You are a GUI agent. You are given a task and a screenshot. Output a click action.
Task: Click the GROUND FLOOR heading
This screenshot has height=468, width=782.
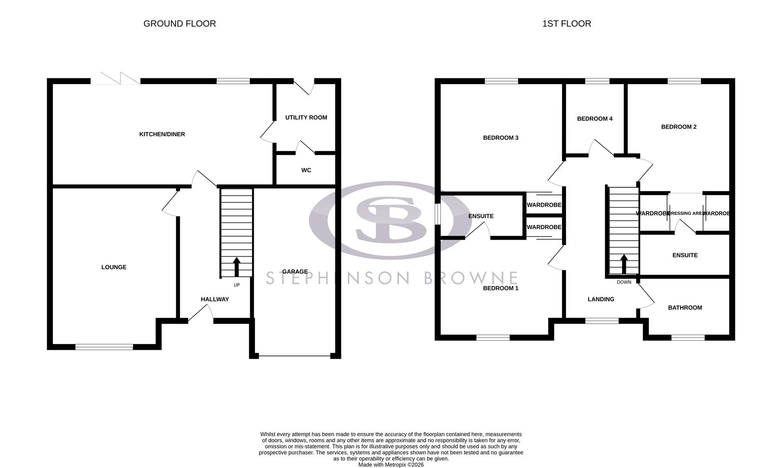[x=180, y=24]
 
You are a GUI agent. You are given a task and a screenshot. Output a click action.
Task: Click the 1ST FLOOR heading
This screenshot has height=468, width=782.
[x=566, y=24]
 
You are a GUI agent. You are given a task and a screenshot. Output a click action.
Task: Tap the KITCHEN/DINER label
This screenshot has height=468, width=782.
[x=162, y=134]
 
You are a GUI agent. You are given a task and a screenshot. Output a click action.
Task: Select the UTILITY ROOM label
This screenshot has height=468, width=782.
[x=306, y=117]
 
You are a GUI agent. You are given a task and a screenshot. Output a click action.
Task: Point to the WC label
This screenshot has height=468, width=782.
[x=306, y=170]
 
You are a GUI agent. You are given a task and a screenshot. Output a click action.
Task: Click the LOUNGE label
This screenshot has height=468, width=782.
[x=114, y=267]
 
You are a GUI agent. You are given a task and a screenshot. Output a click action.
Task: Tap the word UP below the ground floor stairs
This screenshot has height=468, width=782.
[x=236, y=285]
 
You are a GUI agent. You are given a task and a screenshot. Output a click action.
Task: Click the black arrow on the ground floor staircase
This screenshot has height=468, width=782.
[x=236, y=266]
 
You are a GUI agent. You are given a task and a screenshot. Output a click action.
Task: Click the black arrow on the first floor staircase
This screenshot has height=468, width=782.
[x=624, y=264]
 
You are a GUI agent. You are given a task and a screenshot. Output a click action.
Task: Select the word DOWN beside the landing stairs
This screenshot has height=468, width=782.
[x=624, y=282]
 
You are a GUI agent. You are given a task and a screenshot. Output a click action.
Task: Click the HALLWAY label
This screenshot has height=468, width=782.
[x=215, y=299]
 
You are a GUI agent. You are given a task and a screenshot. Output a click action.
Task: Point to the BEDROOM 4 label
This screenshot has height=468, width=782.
[x=595, y=119]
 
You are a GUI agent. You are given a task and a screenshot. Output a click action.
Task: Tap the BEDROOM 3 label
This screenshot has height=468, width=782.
[x=501, y=138]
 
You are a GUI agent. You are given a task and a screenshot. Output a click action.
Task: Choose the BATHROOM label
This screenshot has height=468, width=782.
[x=684, y=308]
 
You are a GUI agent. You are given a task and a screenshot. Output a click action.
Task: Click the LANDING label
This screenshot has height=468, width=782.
[x=601, y=299]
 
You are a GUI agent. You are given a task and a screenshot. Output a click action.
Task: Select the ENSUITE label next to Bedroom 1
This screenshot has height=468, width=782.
[x=481, y=216]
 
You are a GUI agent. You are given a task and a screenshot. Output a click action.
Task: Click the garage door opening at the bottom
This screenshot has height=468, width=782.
[x=294, y=356]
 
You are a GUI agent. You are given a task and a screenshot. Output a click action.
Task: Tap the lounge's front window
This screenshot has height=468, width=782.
[x=104, y=347]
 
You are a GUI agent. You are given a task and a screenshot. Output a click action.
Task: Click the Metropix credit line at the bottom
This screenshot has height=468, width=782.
[x=390, y=465]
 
